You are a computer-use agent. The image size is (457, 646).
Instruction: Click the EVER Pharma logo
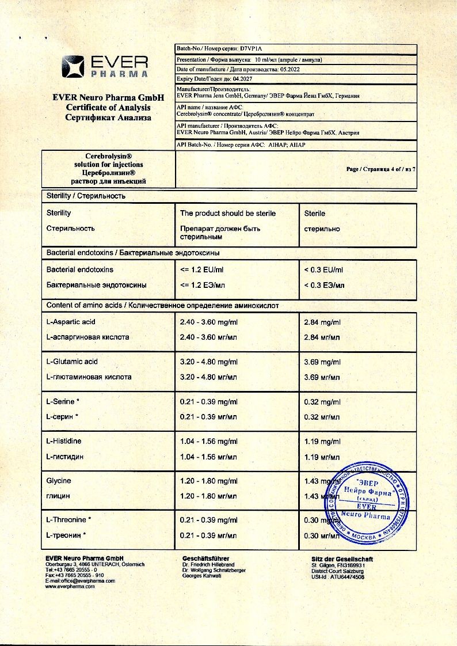pyautogui.click(x=105, y=66)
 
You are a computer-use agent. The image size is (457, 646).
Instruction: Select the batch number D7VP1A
pyautogui.click(x=250, y=50)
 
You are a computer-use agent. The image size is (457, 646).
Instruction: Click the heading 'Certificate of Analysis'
pyautogui.click(x=108, y=107)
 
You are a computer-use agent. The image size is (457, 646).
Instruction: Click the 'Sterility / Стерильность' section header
pyautogui.click(x=86, y=196)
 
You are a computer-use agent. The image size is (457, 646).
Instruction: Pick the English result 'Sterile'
pyautogui.click(x=314, y=213)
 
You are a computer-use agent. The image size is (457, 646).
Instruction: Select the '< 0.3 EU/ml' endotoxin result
pyautogui.click(x=323, y=269)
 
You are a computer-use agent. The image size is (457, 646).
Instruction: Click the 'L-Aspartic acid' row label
pyautogui.click(x=71, y=322)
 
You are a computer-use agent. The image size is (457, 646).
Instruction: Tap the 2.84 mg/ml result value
pyautogui.click(x=322, y=322)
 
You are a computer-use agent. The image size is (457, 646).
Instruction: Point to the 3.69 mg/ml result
pyautogui.click(x=322, y=362)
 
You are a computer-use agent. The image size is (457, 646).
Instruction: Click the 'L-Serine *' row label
pyautogui.click(x=63, y=401)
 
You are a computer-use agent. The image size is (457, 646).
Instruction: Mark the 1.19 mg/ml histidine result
pyautogui.click(x=322, y=441)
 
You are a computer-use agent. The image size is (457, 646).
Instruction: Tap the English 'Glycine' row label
pyautogui.click(x=59, y=480)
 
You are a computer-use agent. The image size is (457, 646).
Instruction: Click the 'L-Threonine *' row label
pyautogui.click(x=68, y=520)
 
